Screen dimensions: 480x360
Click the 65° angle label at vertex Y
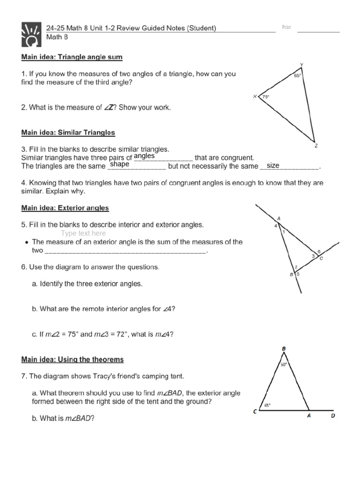[x=297, y=75]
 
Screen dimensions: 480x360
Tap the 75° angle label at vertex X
[x=266, y=97]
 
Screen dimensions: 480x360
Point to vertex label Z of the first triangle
[x=316, y=146]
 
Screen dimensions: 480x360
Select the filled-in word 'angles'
[x=144, y=156]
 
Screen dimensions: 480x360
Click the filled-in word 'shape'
[x=119, y=165]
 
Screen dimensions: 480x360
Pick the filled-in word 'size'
[x=273, y=165]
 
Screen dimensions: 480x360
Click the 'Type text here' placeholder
[x=83, y=233]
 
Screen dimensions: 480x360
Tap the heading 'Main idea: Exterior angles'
[x=65, y=208]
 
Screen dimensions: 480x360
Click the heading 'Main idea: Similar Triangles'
[x=68, y=133]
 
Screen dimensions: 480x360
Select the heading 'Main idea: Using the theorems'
[x=72, y=360]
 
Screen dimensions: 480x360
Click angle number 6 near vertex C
[x=319, y=252]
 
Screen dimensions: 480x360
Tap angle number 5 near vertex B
[x=298, y=274]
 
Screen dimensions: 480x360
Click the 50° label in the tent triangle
[x=283, y=364]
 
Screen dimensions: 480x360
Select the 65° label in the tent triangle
[x=267, y=406]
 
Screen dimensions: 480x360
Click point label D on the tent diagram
[x=333, y=415]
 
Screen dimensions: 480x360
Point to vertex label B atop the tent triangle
[x=283, y=349]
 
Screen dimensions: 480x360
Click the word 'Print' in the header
[x=286, y=27]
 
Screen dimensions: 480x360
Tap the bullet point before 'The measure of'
[x=27, y=242]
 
